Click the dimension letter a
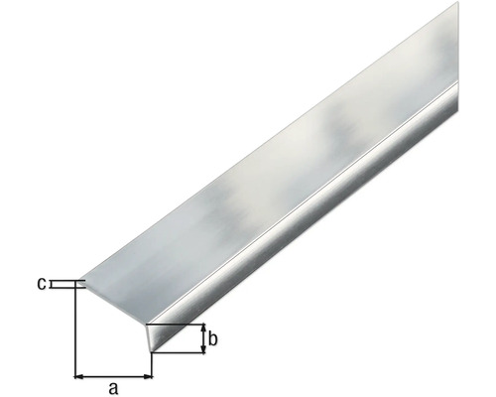[113, 388]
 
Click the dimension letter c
[42, 285]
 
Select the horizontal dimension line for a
[114, 376]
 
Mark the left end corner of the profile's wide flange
[78, 283]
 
